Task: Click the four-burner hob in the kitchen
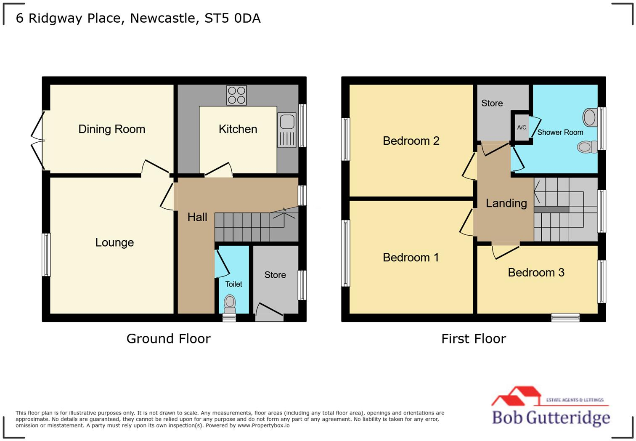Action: point(236,95)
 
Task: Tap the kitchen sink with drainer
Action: point(287,130)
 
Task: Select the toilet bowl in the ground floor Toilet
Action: point(230,302)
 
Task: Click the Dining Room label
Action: point(111,129)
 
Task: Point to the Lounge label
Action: point(114,242)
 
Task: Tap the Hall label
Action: point(197,217)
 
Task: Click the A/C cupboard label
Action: point(522,128)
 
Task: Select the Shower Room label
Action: point(560,132)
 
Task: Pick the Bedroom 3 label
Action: point(536,273)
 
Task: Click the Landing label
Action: point(506,203)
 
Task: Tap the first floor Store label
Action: point(492,104)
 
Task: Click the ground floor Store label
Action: point(275,275)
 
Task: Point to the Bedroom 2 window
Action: point(345,139)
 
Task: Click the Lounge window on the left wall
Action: point(46,255)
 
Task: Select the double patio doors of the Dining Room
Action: point(38,141)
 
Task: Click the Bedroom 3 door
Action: point(505,251)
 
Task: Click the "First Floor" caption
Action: point(473,339)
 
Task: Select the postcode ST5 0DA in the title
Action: point(232,19)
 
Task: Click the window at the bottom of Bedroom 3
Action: point(565,318)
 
